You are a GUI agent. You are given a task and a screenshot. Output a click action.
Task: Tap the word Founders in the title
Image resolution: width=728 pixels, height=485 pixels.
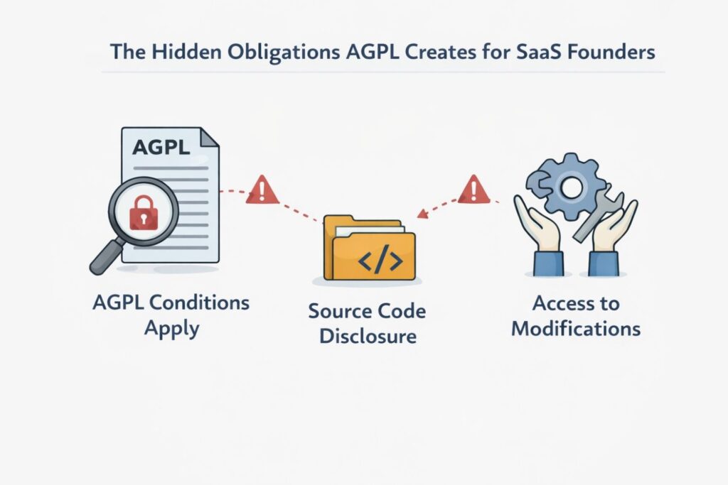[x=614, y=53]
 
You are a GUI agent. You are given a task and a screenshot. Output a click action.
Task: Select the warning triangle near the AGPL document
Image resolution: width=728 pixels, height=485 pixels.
[x=262, y=191]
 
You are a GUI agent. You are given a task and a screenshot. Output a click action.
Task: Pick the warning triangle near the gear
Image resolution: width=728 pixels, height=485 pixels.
[x=474, y=190]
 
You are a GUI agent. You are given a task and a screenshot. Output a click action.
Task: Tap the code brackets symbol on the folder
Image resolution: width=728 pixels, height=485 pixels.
[x=373, y=261]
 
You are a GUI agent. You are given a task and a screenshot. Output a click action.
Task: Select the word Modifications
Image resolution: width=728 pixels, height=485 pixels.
[x=576, y=329]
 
